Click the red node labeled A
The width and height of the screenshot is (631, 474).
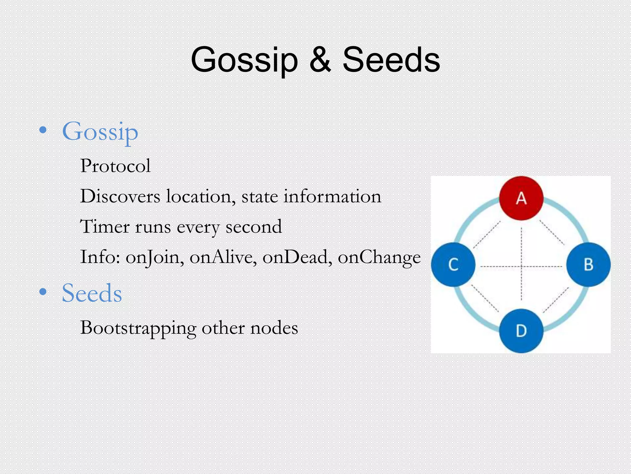pos(521,198)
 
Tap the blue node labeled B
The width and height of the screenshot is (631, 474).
pos(588,264)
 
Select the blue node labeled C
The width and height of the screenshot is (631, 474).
pos(453,264)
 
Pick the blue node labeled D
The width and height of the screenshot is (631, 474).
pos(521,331)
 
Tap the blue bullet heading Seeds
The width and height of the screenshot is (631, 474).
pos(92,293)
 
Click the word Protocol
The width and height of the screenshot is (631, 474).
pos(115,166)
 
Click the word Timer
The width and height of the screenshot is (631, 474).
pos(105,227)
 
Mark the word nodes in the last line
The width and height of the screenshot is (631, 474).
pos(274,328)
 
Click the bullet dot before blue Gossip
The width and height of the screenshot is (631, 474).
pos(43,130)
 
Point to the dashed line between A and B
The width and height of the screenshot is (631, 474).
pos(552,232)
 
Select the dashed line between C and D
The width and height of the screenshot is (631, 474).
pos(485,298)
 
